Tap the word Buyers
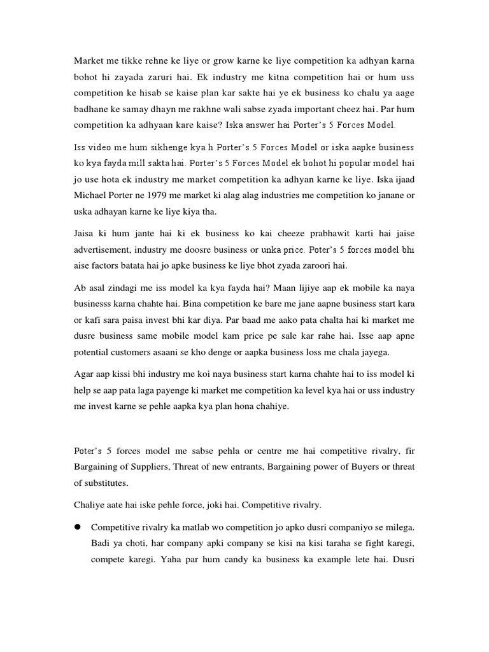click(x=360, y=467)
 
